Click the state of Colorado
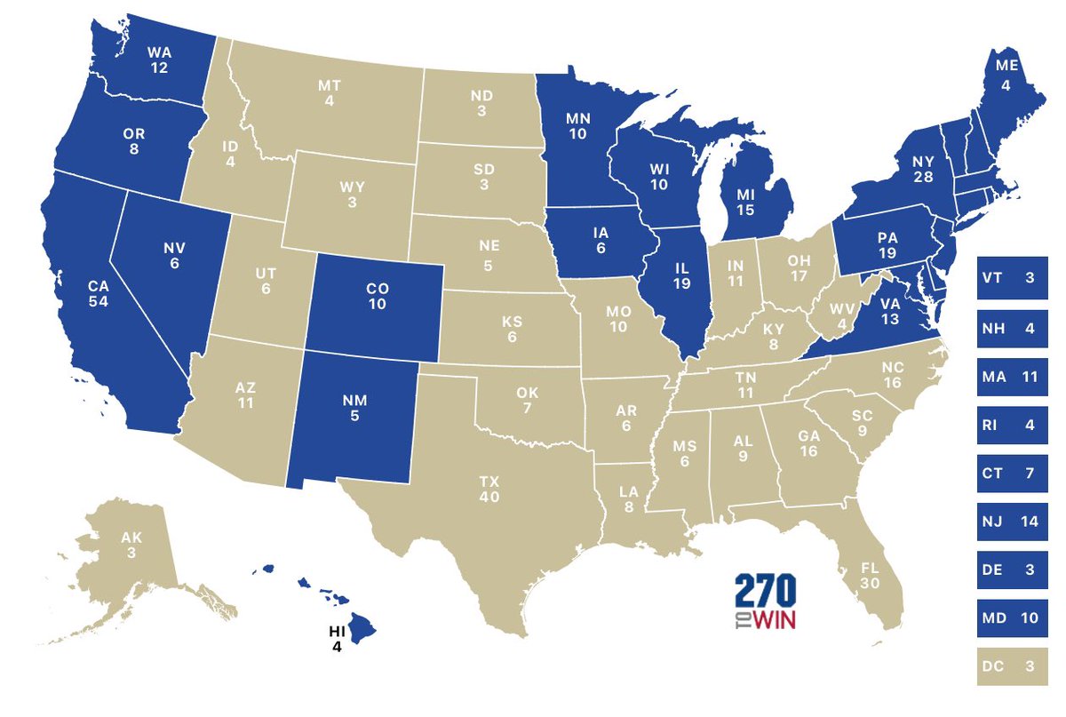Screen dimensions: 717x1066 coord(375,302)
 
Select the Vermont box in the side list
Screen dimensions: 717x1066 coord(1011,278)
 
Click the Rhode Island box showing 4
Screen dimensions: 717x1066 coord(1011,425)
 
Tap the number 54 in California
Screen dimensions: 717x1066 coord(98,304)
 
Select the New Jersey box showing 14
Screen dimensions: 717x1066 coord(1011,522)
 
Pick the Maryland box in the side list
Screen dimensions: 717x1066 coord(1011,618)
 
